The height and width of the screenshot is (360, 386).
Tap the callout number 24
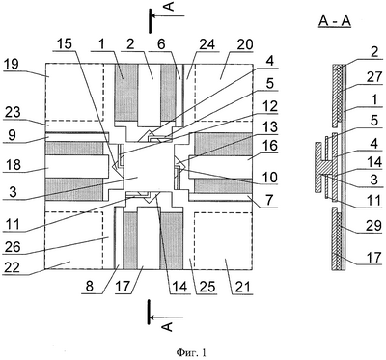click(x=207, y=44)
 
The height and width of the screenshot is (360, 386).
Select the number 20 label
click(x=244, y=44)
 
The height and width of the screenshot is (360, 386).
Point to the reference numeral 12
click(x=269, y=105)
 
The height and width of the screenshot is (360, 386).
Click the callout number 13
click(x=269, y=126)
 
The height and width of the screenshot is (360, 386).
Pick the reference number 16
click(x=269, y=146)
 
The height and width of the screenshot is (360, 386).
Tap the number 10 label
click(x=269, y=178)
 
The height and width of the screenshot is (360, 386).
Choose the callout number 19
click(x=12, y=64)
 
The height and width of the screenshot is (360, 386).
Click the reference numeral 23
click(x=12, y=112)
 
